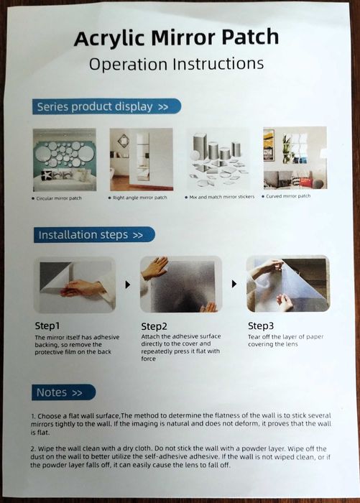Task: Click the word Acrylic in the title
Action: coord(110,39)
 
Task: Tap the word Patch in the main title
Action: coord(250,37)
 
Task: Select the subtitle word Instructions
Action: coord(218,63)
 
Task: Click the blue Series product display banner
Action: coord(106,106)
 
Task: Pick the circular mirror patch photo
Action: coord(65,160)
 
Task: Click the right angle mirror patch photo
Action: coord(141,160)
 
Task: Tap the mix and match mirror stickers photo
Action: coord(218,159)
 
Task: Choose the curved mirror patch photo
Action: coord(295,158)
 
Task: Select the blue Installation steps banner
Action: coord(94,235)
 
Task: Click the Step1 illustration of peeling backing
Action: coord(75,285)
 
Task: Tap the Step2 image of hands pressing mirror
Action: coord(181,285)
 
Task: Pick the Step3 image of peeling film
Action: coord(288,284)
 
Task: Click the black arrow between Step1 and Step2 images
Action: coord(128,285)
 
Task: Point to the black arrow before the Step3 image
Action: coord(234,284)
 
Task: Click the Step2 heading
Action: coord(154,326)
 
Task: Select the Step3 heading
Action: coord(261,326)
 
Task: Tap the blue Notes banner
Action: coord(63,392)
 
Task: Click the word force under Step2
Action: coord(149,359)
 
